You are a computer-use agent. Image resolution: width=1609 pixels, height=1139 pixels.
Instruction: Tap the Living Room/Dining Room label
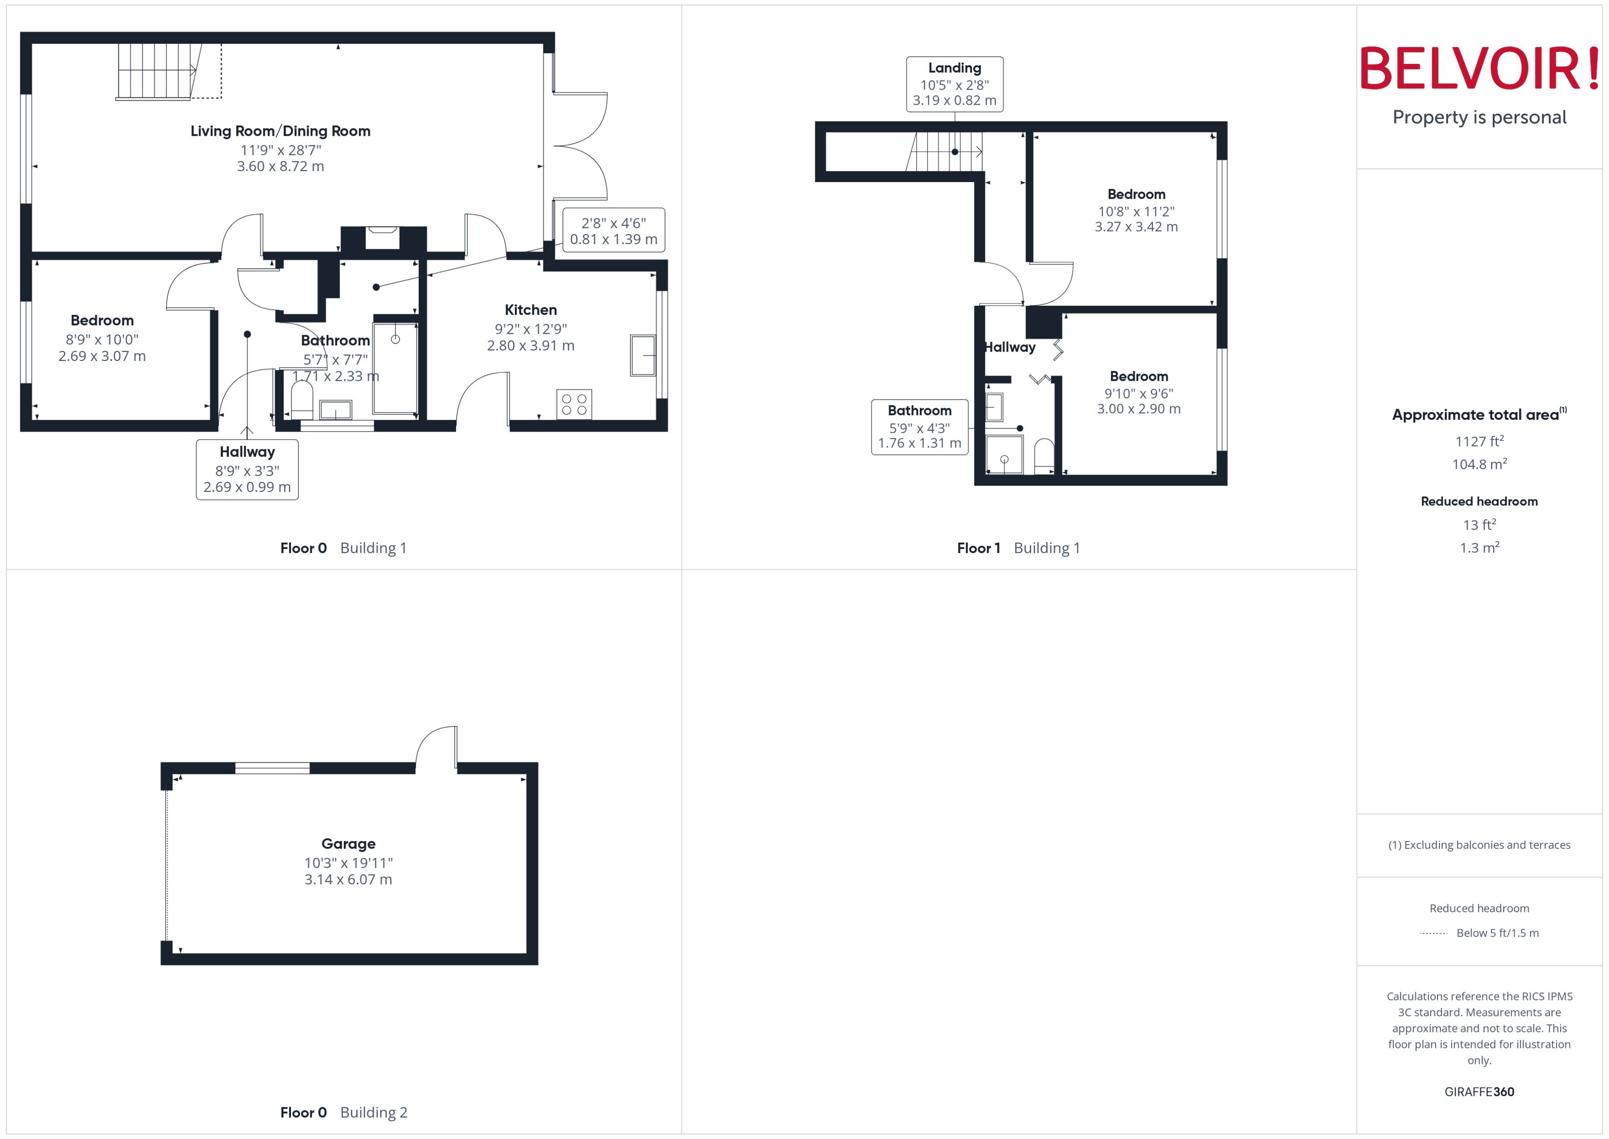[x=280, y=131]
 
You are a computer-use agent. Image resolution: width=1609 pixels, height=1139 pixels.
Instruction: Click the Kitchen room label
[x=531, y=310]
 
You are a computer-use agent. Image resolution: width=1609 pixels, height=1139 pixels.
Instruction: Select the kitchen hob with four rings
[x=573, y=405]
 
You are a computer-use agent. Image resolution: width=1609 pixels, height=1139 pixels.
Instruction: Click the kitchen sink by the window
[x=642, y=355]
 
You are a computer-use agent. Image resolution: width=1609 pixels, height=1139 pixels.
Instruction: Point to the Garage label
[x=348, y=844]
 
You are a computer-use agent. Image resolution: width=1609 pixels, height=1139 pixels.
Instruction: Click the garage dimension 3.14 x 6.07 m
[x=348, y=880]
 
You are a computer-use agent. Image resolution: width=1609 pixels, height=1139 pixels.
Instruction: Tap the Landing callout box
[x=954, y=84]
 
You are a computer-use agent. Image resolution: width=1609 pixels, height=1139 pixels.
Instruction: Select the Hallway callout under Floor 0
[x=247, y=469]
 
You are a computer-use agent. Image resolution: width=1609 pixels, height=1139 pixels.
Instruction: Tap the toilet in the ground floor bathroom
[x=302, y=398]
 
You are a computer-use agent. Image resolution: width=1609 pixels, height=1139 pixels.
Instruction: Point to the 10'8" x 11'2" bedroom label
[x=1136, y=211]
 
